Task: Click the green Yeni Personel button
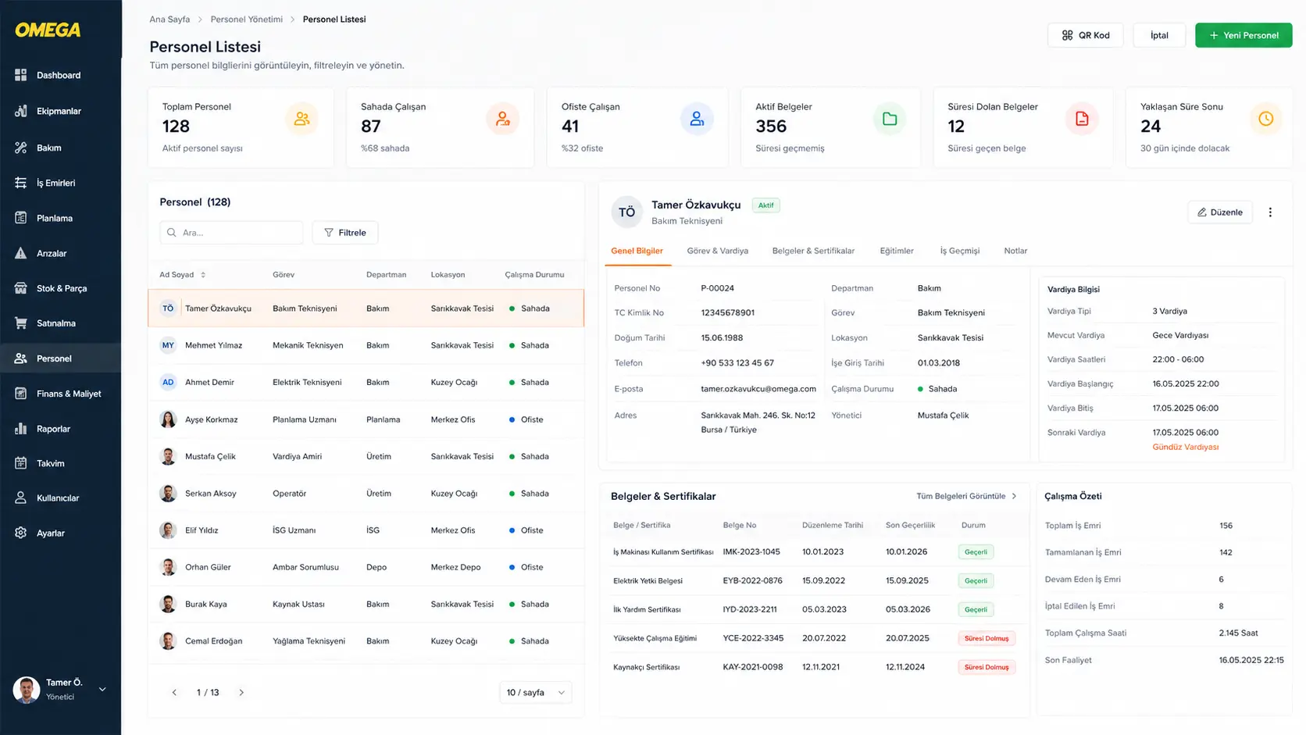click(1243, 35)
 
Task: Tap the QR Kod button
click(1085, 35)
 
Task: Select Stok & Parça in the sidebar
click(61, 288)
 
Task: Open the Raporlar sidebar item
click(53, 428)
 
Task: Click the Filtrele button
click(345, 233)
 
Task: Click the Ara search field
click(231, 233)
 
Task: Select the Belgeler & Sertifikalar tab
click(813, 251)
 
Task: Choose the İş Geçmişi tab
click(960, 251)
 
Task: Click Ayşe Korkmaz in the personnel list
click(211, 419)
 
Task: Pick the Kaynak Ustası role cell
click(298, 604)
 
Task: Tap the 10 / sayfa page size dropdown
click(535, 693)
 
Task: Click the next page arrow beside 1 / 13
click(241, 693)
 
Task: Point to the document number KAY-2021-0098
click(753, 667)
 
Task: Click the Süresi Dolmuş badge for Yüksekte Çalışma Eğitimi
click(987, 638)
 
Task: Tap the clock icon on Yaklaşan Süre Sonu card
click(1265, 119)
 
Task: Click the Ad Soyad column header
click(177, 274)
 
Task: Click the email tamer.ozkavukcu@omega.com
click(758, 389)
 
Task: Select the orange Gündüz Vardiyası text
click(1185, 447)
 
